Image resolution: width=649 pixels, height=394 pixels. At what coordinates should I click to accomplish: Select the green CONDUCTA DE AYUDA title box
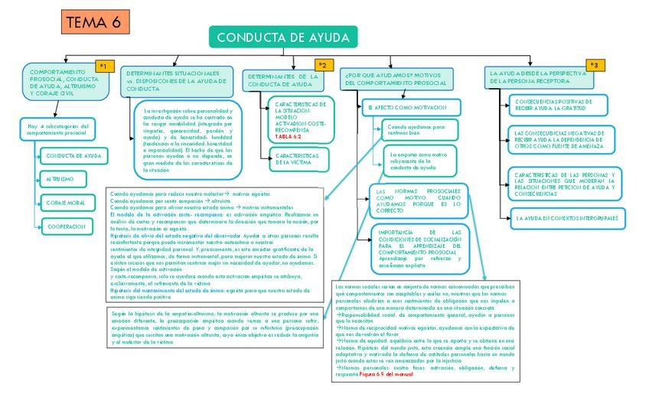[282, 37]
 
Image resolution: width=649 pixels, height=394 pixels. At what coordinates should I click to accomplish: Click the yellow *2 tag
[324, 66]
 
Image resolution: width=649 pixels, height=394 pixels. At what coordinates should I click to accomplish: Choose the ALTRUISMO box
[63, 179]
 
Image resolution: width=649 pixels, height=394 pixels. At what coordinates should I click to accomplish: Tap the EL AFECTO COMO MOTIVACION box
[413, 107]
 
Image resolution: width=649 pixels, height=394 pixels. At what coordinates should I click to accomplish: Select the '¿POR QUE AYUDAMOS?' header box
[403, 79]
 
